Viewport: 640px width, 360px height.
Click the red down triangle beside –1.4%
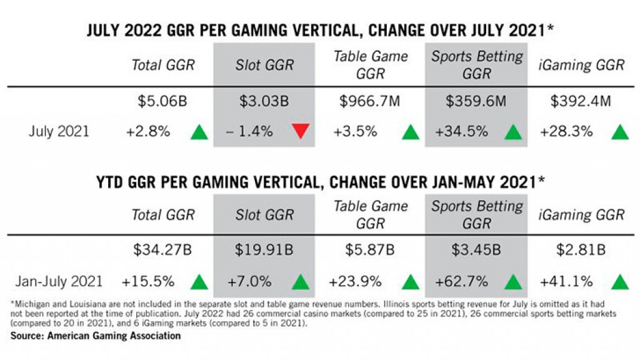click(x=301, y=132)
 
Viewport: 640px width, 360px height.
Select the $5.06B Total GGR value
click(x=162, y=101)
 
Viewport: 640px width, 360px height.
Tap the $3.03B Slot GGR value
click(x=264, y=101)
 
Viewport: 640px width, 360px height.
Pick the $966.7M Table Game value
click(x=371, y=101)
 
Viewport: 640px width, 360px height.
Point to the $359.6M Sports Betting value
click(x=477, y=101)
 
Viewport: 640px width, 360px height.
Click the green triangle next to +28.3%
click(x=619, y=132)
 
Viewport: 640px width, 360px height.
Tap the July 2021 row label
click(x=59, y=132)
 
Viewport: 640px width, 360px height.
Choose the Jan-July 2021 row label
click(x=59, y=282)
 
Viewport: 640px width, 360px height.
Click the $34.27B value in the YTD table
click(x=162, y=251)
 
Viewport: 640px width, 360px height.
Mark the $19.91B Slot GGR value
click(x=264, y=251)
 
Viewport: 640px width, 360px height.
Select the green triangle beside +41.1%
click(x=619, y=282)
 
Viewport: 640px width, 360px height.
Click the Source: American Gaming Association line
click(x=96, y=336)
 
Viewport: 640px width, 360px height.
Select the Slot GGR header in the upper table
click(x=264, y=64)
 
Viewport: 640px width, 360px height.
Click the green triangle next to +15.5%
click(x=199, y=282)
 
